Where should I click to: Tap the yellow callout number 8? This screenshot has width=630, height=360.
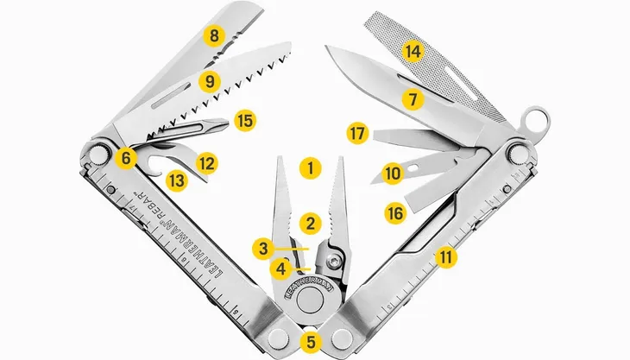coord(212,36)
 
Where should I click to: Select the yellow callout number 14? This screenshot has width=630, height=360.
coord(413,52)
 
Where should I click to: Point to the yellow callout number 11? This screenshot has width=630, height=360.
coord(444,256)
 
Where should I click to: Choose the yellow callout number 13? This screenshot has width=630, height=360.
coord(176,180)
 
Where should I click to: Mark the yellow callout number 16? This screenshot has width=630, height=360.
coord(395,212)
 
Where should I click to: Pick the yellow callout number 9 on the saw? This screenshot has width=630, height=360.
coord(208,81)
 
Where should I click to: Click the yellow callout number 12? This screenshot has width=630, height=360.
coord(205,161)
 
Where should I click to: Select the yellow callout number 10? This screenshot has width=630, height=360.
coord(393,174)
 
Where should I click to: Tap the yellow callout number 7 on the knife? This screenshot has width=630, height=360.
coord(413,99)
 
